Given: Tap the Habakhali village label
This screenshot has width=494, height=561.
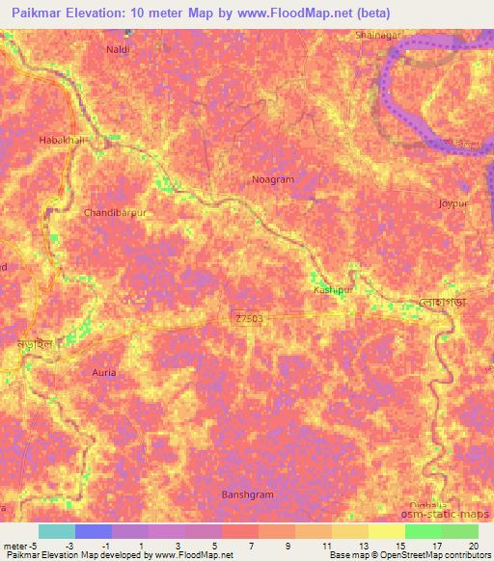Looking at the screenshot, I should coord(62,140).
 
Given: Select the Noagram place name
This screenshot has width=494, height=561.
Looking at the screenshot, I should coord(272,179).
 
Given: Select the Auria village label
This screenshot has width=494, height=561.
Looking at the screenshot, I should coord(103,371).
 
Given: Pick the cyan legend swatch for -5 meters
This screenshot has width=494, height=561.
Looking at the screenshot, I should coord(56,531).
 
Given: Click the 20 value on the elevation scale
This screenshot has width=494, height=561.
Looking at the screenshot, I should coord(473,545).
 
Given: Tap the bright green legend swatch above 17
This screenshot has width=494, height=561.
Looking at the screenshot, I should coord(423,531).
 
